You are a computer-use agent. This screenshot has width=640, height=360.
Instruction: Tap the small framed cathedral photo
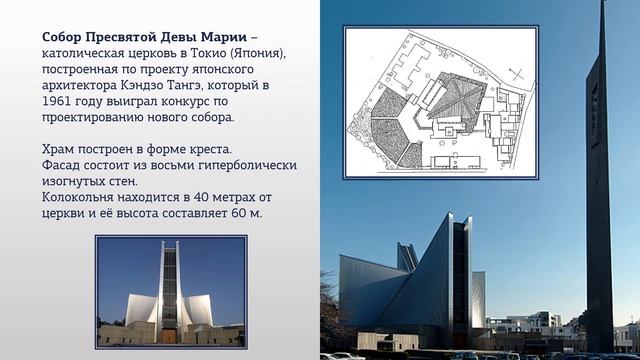[170, 290]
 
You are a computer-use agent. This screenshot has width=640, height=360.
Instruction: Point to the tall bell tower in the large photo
[599, 180]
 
